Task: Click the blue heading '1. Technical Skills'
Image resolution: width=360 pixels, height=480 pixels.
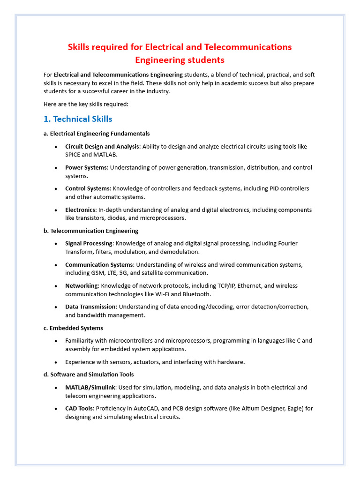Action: [x=78, y=119]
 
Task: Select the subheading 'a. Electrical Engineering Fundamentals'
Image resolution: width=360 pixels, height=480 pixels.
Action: [x=97, y=134]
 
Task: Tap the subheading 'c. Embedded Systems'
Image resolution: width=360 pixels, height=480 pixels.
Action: [x=73, y=328]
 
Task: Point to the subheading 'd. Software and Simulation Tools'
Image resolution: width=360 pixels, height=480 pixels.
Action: [x=89, y=375]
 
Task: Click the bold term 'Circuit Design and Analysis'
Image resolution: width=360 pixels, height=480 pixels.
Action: [x=102, y=147]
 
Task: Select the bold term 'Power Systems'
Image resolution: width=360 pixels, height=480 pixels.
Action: [x=86, y=168]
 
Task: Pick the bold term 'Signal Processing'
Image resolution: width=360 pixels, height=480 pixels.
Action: [x=89, y=244]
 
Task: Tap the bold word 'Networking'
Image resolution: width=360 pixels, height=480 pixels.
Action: [x=82, y=286]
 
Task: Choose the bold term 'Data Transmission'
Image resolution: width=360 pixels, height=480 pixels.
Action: [x=90, y=307]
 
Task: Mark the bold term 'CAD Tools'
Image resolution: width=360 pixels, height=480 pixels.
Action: [x=79, y=409]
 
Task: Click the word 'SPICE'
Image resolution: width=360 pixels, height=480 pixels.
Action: [x=74, y=155]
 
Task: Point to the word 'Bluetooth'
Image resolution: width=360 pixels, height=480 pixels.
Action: [x=196, y=294]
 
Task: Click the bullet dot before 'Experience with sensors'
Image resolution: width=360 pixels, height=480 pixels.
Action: [x=56, y=362]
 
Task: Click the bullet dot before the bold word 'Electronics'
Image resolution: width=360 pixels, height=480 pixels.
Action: [x=56, y=210]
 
